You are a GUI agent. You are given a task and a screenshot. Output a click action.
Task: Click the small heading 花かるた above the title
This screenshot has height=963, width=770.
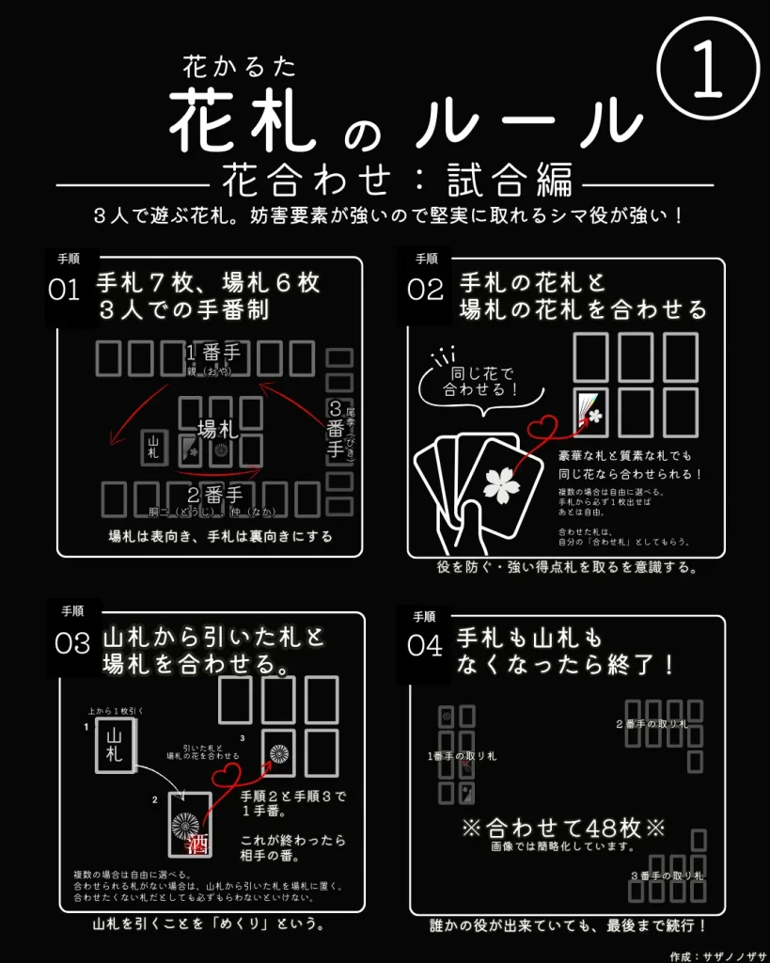tap(240, 65)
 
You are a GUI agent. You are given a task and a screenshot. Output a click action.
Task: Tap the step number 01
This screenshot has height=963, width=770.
tap(64, 290)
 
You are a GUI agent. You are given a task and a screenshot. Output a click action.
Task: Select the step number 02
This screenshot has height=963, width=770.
tap(425, 290)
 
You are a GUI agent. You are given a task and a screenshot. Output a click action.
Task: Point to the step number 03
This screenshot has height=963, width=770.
tap(71, 643)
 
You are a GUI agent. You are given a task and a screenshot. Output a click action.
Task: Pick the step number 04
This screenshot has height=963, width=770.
tap(425, 645)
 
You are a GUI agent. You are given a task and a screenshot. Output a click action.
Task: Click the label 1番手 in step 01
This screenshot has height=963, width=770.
tap(217, 354)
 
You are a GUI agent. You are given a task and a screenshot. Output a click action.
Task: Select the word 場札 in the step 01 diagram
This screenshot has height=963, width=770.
tap(217, 430)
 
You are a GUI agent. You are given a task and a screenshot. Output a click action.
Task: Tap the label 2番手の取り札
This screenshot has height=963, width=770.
tap(652, 724)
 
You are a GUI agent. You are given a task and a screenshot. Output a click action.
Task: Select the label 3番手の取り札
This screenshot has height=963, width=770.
tap(667, 876)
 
